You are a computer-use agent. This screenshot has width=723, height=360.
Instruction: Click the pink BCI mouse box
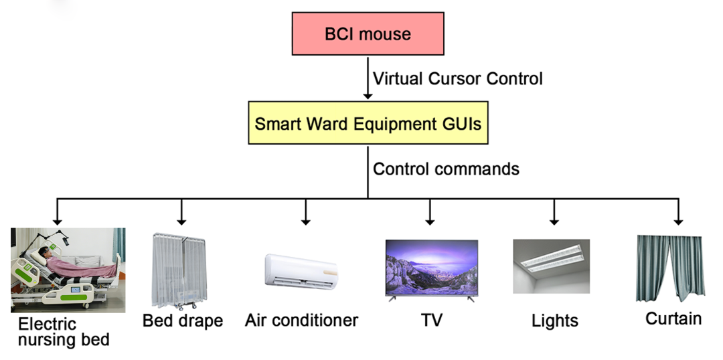(x=368, y=33)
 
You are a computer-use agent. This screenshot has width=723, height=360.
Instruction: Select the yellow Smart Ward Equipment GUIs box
(x=368, y=123)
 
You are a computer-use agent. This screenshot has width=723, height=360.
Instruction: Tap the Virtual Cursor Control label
(x=457, y=78)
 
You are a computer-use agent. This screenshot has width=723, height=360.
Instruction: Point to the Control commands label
(x=446, y=169)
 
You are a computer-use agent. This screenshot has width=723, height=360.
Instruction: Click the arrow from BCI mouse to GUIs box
(x=368, y=78)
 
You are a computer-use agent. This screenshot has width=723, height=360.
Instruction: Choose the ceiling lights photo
(x=551, y=266)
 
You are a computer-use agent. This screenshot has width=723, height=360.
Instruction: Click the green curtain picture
(x=669, y=268)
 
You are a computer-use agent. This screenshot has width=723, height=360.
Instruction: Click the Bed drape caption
(x=182, y=321)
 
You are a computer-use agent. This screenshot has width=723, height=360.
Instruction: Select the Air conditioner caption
(x=301, y=321)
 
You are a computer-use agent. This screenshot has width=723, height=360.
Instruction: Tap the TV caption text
(x=432, y=321)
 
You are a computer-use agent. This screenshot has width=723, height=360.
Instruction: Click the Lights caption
(x=555, y=321)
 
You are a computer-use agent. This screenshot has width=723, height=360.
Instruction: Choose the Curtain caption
(x=673, y=319)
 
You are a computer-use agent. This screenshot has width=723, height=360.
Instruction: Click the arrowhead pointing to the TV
(x=430, y=220)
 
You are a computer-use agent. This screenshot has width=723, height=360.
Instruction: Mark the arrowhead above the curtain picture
(x=678, y=220)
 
